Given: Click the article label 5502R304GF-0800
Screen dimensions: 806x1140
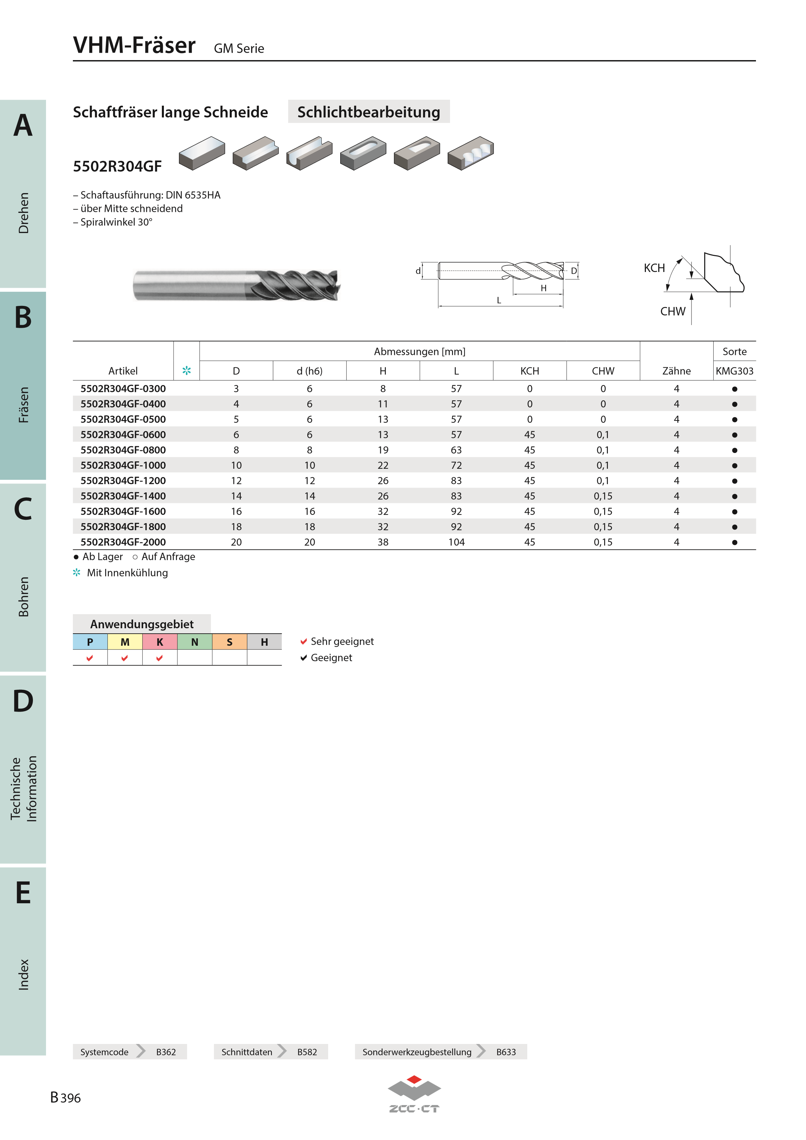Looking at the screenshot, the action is click(x=123, y=450).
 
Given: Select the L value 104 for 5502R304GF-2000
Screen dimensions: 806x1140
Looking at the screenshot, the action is click(x=456, y=542).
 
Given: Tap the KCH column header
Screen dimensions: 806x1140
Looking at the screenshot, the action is click(x=529, y=371).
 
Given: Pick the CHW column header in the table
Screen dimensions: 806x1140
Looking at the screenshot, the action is click(x=603, y=371).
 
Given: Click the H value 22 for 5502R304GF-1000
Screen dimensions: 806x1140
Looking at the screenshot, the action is click(x=383, y=465).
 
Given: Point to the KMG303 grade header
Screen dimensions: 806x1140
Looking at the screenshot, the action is click(x=734, y=371).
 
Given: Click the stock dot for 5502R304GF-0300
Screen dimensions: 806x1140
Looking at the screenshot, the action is click(x=734, y=389).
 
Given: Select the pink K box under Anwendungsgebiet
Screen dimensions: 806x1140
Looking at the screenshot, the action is click(x=160, y=641).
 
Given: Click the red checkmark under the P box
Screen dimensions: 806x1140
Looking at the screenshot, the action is click(x=90, y=658).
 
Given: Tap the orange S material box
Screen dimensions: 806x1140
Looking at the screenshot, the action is click(x=229, y=641).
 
